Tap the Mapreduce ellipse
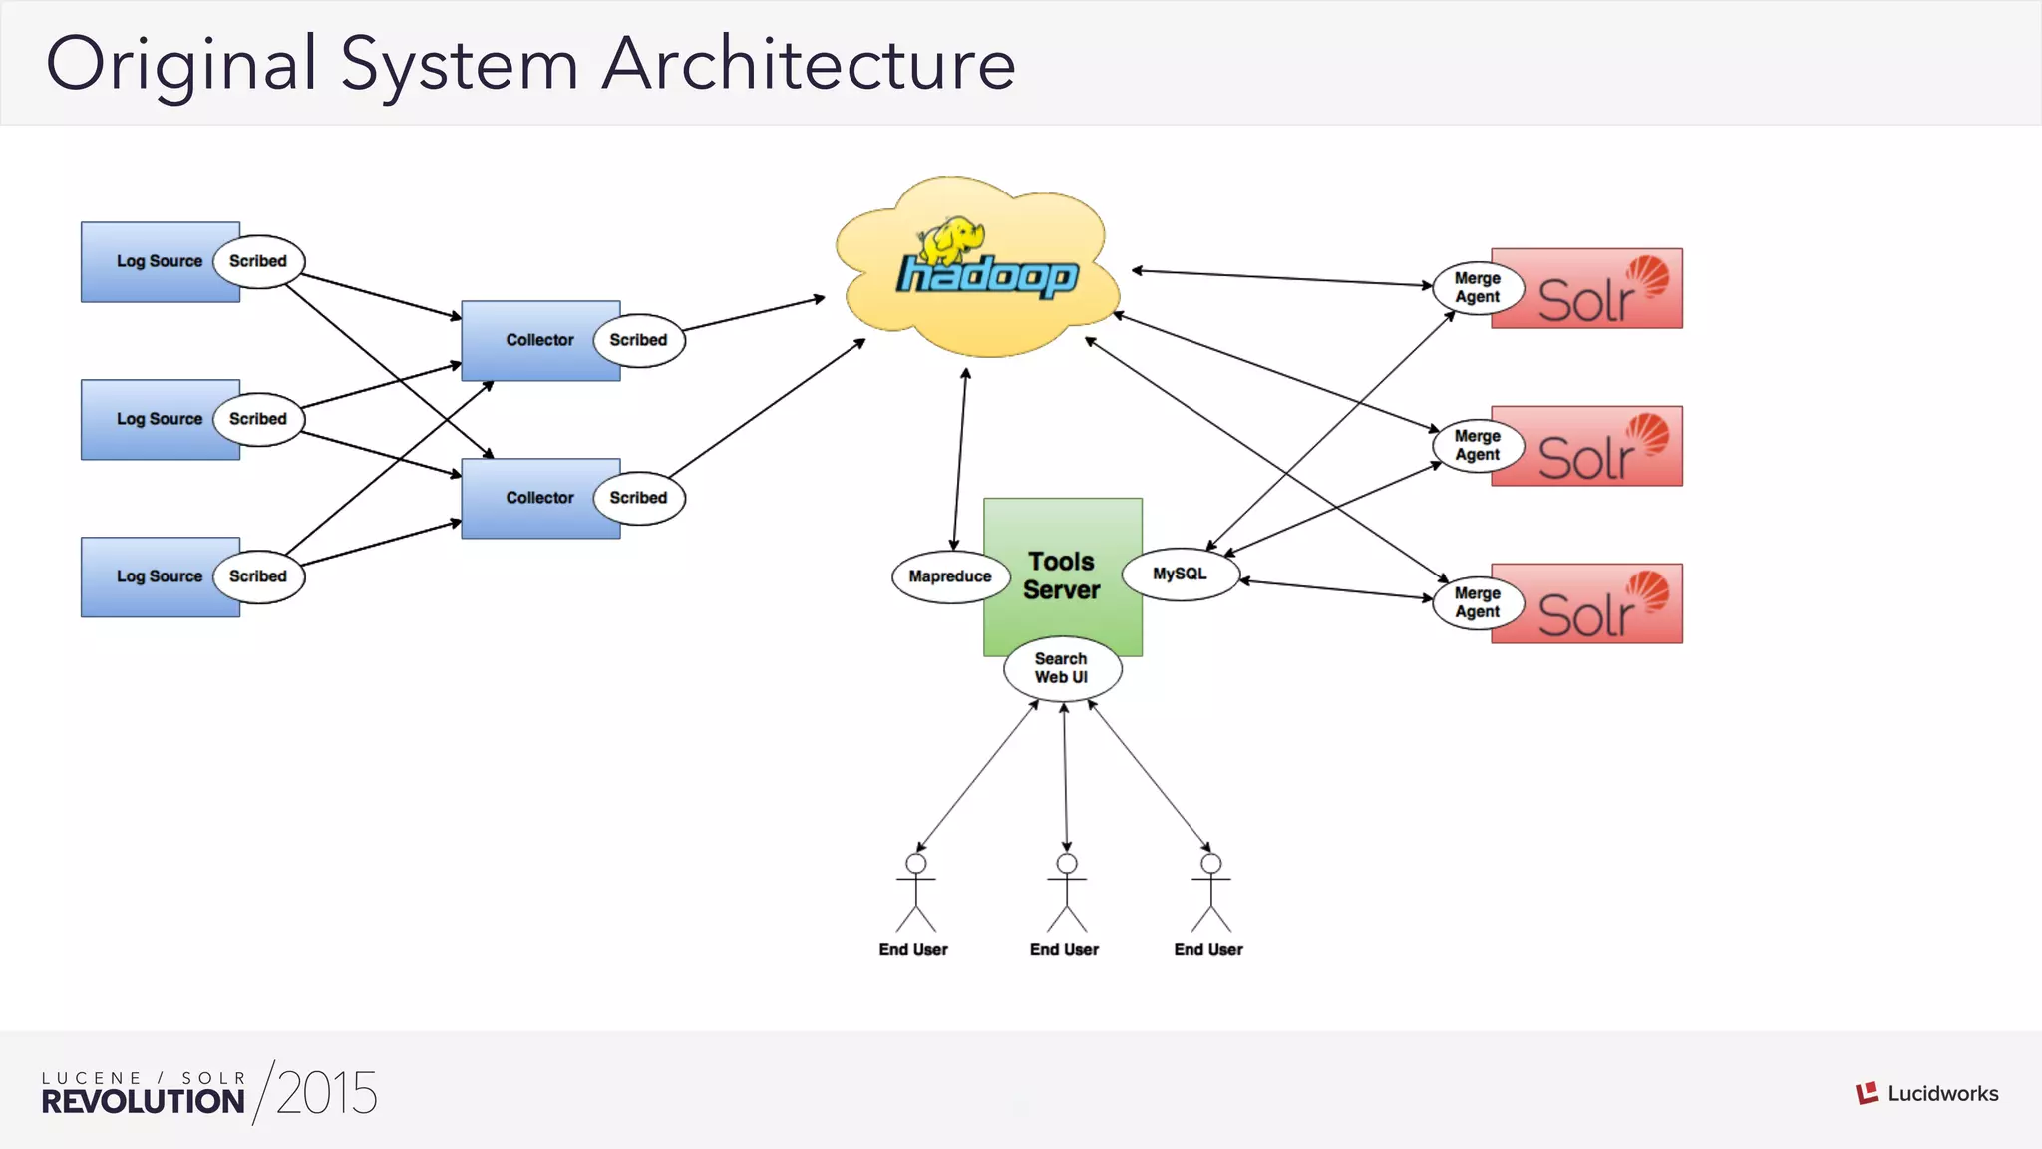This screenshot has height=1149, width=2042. pos(949,576)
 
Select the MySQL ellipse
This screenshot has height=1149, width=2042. pos(1181,574)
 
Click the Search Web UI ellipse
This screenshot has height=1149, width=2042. pos(1062,668)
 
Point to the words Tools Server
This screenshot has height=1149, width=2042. pos(1062,575)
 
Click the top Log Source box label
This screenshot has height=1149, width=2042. pos(159,261)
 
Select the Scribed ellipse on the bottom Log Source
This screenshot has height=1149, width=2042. pos(258,576)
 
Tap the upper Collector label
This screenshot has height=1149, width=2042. pos(539,340)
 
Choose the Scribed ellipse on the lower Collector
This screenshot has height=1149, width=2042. pos(638,498)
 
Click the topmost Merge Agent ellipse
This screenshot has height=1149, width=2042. pos(1477,288)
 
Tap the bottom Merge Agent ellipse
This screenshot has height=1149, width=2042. pos(1477,603)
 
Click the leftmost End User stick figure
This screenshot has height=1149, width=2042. pos(915,893)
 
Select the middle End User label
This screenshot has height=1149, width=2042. pos(1064,950)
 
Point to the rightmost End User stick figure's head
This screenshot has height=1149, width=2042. pos(1210,863)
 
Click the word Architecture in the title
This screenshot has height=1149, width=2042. pos(809,64)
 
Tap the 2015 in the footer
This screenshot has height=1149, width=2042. pos(326,1093)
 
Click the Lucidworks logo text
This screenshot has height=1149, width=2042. pos(1942,1094)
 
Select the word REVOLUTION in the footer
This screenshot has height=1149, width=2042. pos(143,1102)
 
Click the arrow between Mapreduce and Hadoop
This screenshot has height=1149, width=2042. pos(960,459)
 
